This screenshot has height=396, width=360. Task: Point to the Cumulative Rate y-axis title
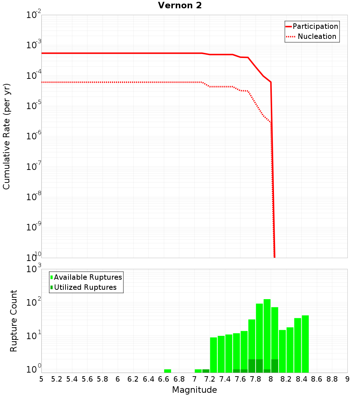6,136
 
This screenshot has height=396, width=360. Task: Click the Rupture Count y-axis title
14,321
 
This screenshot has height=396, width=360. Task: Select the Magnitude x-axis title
194,390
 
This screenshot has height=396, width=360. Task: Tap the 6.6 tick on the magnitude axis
164,379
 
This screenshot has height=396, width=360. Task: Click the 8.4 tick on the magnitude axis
302,379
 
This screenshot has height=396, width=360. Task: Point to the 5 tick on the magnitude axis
41,379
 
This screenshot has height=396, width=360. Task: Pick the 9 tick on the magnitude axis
347,379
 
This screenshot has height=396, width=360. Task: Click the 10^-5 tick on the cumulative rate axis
34,106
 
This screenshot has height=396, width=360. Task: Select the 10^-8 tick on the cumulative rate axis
34,197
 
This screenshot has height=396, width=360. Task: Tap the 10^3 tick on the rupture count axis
34,269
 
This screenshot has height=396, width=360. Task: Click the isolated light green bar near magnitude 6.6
167,371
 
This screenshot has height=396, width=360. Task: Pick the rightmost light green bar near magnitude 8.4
305,344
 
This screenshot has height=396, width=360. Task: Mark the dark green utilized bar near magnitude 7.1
206,371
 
